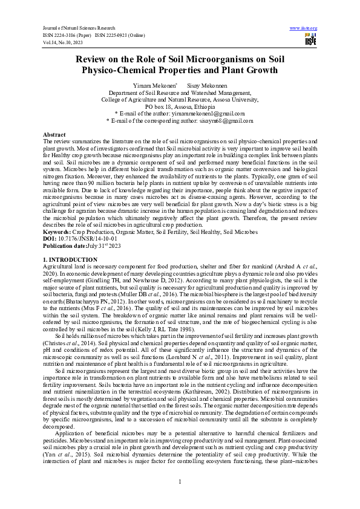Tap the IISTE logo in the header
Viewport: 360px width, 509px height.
[310, 40]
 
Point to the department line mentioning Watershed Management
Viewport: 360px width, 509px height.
[179, 93]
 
